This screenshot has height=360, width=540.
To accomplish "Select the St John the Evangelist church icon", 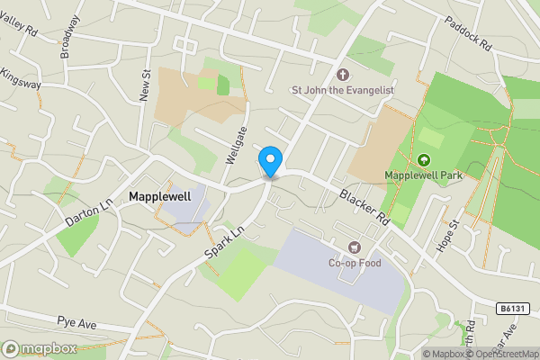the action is pos(342,74).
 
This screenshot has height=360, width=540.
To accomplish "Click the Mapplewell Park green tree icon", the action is pos(424,159).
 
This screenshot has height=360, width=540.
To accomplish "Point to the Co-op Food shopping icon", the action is pos(354,247).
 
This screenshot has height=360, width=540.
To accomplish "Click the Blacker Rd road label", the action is pos(364,205).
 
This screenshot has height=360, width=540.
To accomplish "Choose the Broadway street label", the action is pos(70,37).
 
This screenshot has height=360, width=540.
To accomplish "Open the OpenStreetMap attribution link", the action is pos(505,354).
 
